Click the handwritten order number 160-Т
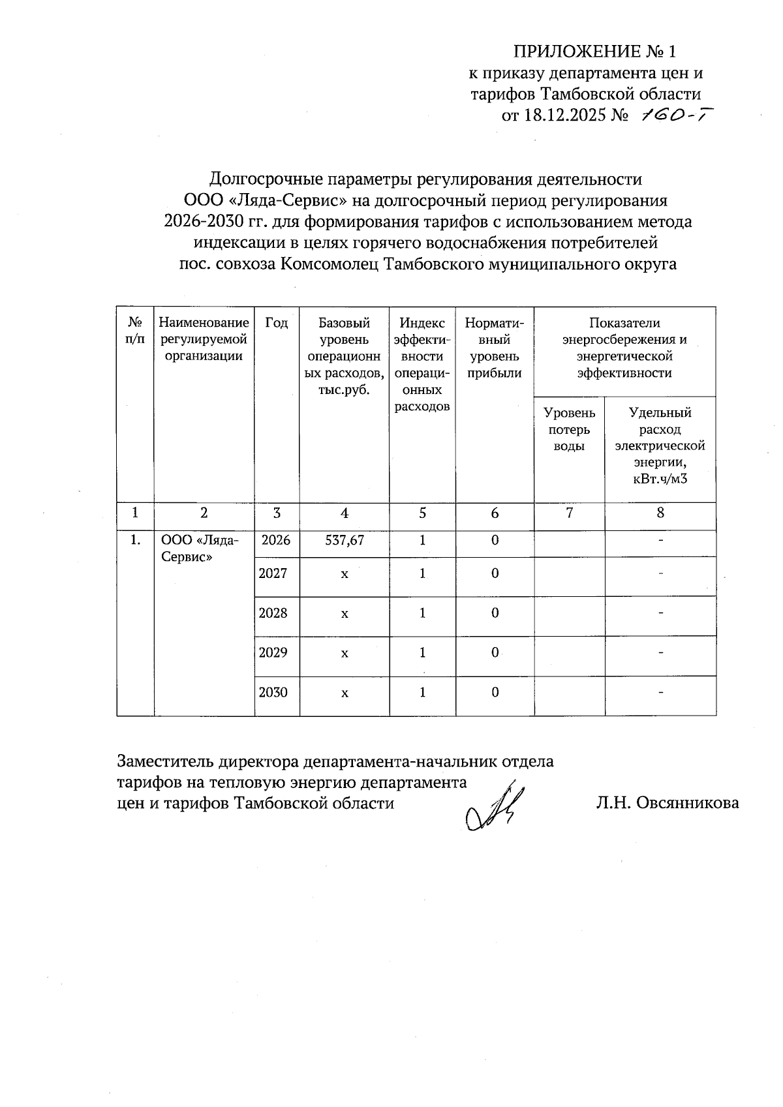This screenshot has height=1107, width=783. pyautogui.click(x=675, y=115)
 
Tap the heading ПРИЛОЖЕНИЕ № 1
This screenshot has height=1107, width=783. pyautogui.click(x=596, y=52)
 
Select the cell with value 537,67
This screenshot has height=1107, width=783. pyautogui.click(x=345, y=540)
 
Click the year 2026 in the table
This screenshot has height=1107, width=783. pyautogui.click(x=276, y=540)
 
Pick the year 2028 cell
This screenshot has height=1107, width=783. pyautogui.click(x=273, y=613)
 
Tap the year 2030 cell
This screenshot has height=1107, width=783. pyautogui.click(x=273, y=692)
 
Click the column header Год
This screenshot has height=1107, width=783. pyautogui.click(x=277, y=323)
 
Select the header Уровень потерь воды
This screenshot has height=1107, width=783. pyautogui.click(x=569, y=429)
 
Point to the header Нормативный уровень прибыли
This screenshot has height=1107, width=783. pyautogui.click(x=495, y=348)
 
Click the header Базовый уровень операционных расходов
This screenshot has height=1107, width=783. pyautogui.click(x=344, y=356)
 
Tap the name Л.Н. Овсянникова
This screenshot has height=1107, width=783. pyautogui.click(x=667, y=803)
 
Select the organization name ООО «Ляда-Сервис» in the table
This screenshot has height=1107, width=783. pyautogui.click(x=199, y=549)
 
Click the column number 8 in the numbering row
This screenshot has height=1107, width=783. pyautogui.click(x=660, y=513)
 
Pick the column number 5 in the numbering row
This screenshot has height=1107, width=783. pyautogui.click(x=422, y=513)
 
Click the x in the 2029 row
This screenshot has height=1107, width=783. pyautogui.click(x=345, y=653)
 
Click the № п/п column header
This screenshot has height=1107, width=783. pyautogui.click(x=135, y=331)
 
